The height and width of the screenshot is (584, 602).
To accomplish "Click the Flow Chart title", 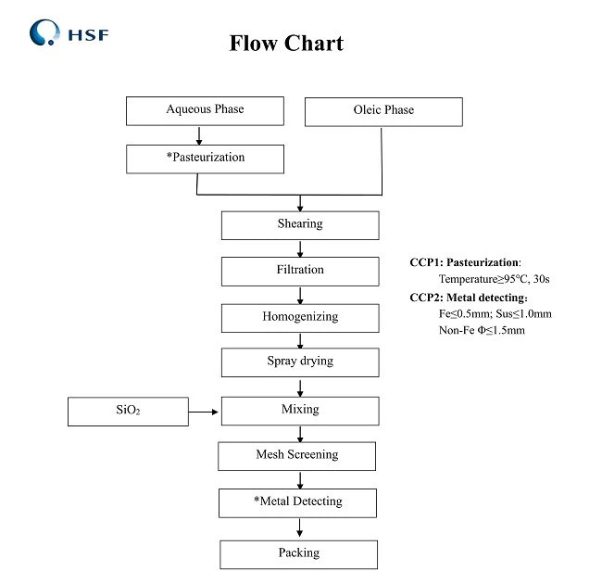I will (286, 44).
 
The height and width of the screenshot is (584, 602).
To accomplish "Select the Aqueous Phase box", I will (205, 110).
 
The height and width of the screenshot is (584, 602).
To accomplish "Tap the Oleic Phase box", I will (383, 111).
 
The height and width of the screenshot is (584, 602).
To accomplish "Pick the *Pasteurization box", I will (205, 159).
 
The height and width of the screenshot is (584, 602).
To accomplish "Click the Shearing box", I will (299, 224).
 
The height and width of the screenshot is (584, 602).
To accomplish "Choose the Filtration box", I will (299, 271).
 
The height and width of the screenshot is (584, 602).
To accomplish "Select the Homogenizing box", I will (299, 317).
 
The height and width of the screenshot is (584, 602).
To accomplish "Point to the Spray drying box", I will (299, 362).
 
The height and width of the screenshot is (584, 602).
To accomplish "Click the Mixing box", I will (299, 410).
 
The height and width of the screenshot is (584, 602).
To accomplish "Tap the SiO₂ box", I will (128, 411).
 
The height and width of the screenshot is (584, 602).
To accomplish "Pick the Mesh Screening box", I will (296, 455).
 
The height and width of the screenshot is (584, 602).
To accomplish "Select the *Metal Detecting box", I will (297, 502).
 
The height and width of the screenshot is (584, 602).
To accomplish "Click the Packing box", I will (298, 553).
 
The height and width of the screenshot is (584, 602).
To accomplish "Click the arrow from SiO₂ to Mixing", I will (205, 410).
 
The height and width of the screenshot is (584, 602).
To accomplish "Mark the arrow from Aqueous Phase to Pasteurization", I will (199, 134).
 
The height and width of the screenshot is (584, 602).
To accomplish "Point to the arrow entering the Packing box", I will (299, 528).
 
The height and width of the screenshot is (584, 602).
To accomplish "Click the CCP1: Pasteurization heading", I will (466, 263).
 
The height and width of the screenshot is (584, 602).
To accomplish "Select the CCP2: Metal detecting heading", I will (469, 298).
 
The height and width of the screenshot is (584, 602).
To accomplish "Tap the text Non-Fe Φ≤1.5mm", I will (482, 330).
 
